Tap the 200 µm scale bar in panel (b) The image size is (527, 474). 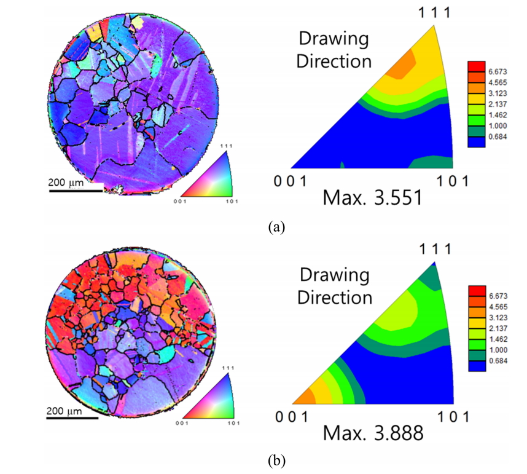(72, 418)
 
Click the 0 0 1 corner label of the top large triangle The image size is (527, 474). (289, 181)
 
